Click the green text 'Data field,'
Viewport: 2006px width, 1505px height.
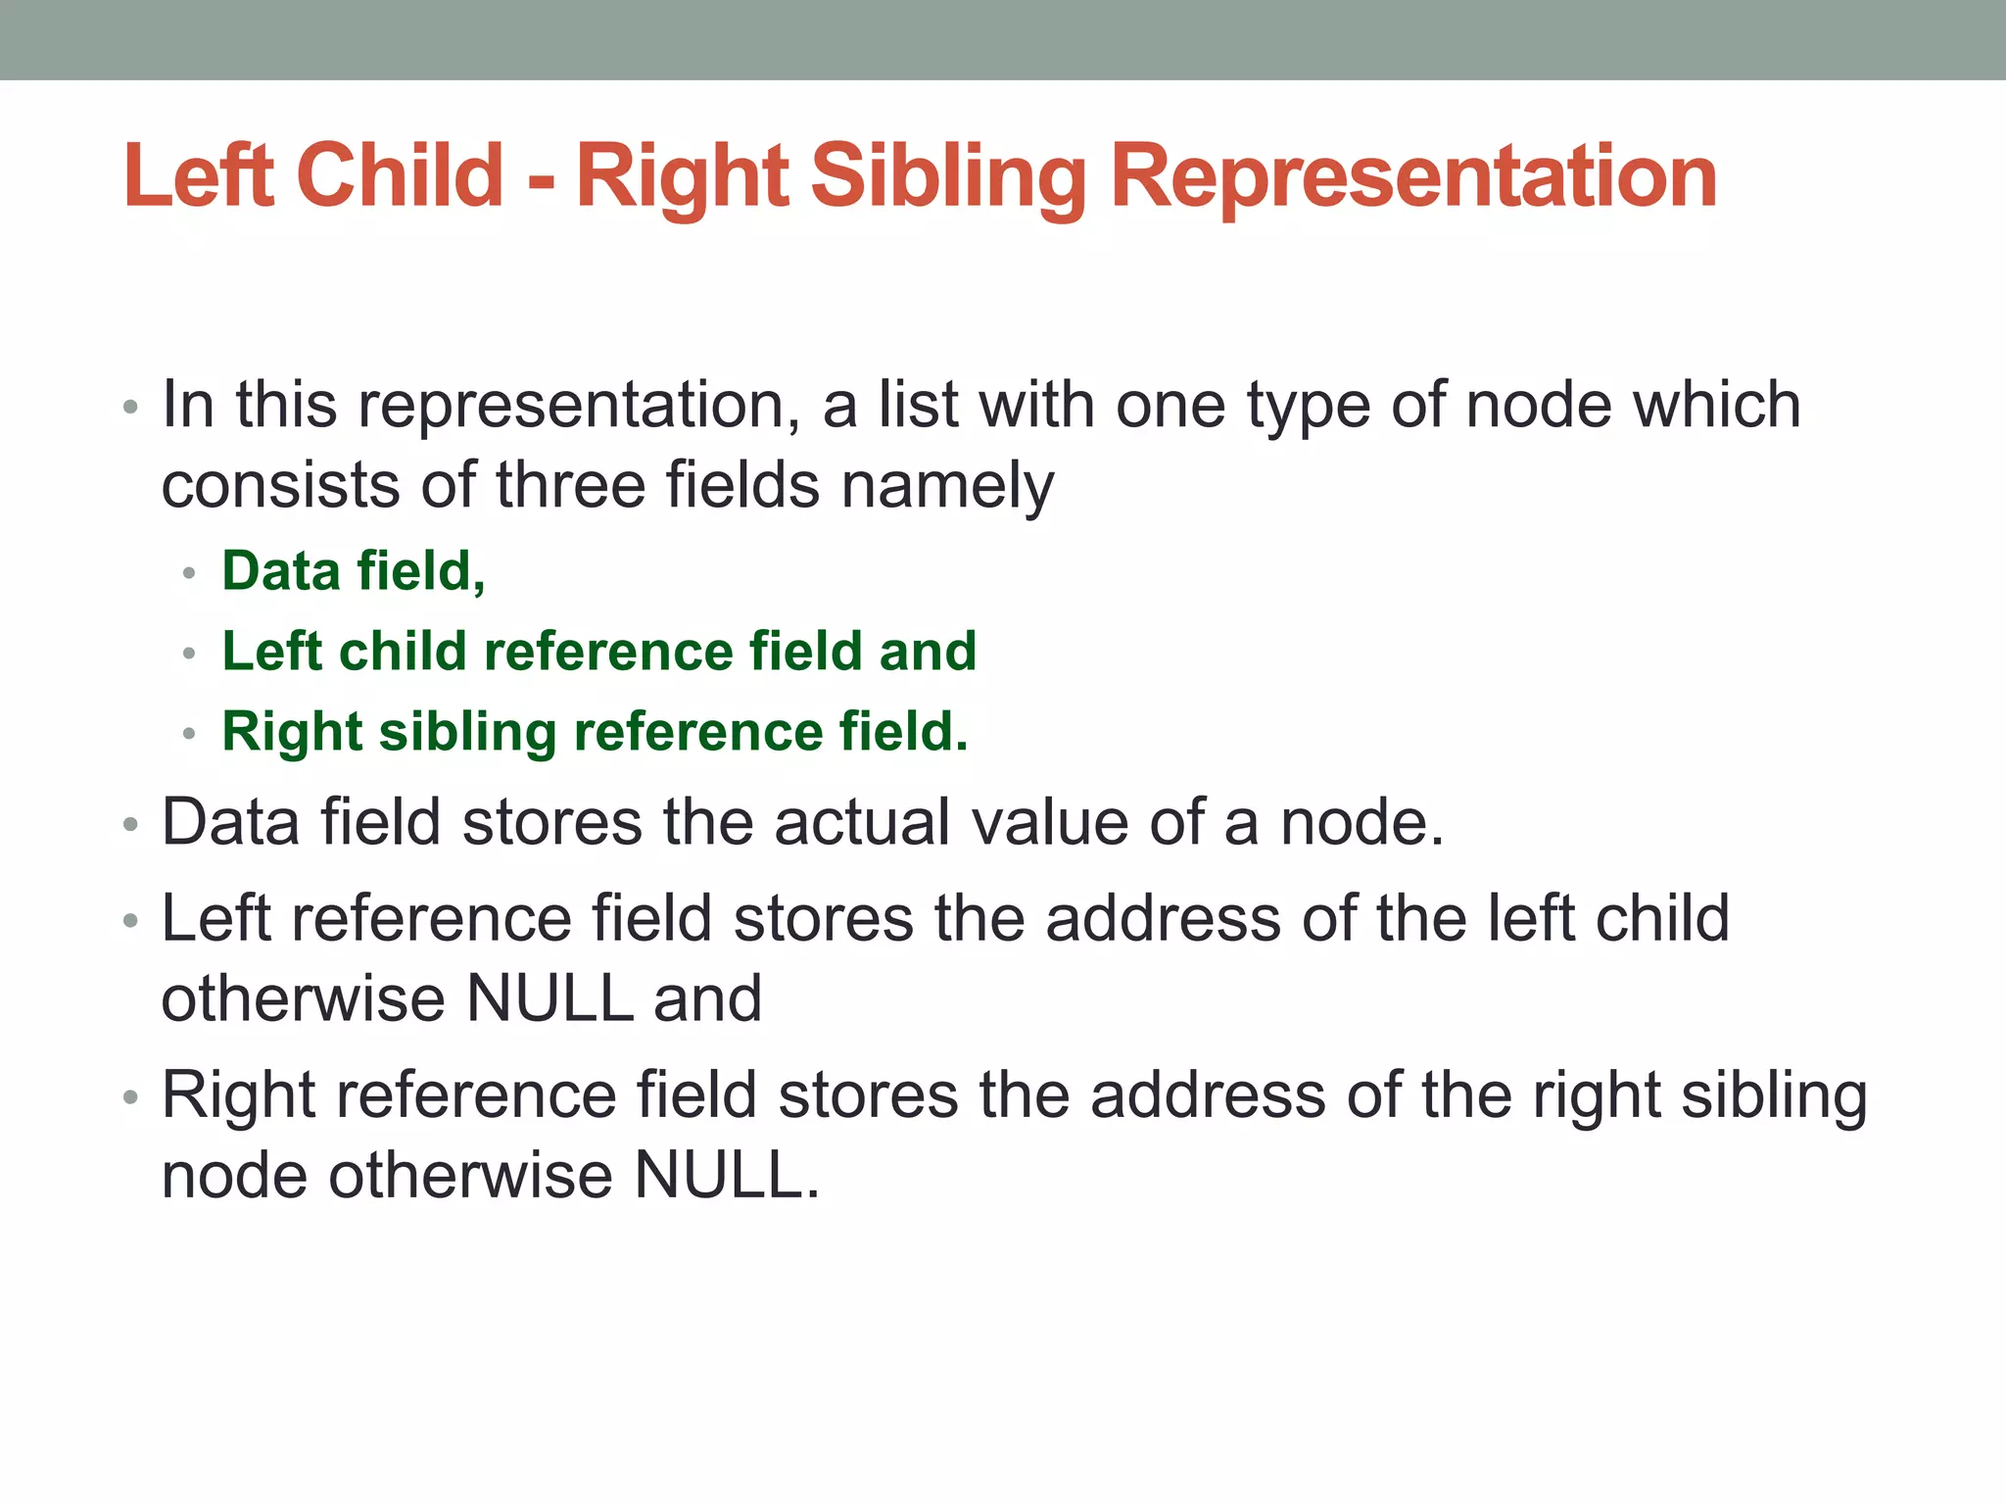point(354,570)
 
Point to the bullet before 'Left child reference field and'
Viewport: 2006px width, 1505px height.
point(190,653)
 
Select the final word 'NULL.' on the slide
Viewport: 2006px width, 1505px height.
point(727,1175)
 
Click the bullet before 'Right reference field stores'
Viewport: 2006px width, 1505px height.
point(131,1096)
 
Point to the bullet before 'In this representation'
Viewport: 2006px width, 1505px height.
point(131,407)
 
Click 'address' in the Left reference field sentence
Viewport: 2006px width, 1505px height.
point(1163,918)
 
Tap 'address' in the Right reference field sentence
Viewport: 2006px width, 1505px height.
point(1208,1094)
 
